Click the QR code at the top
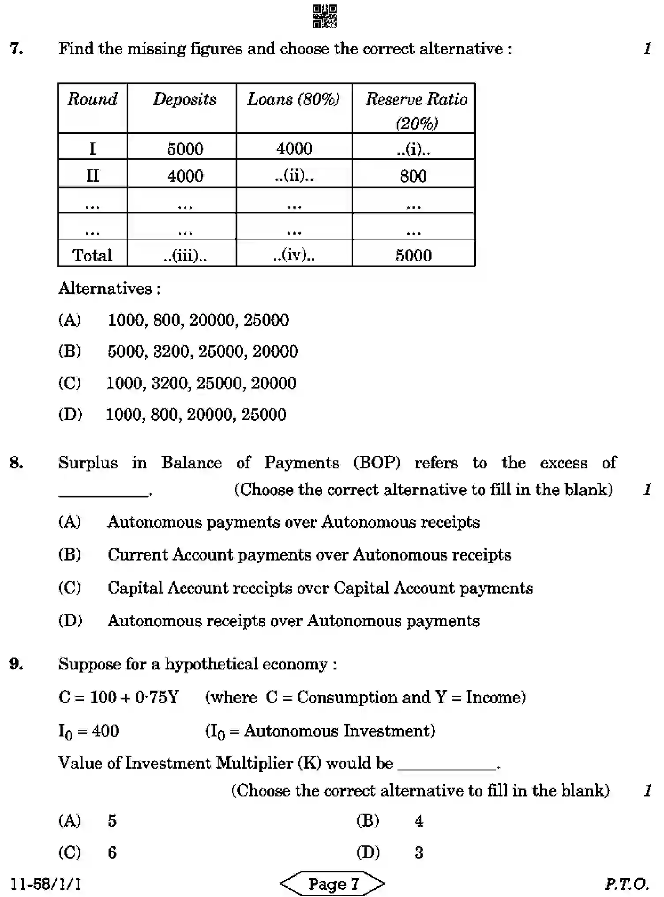pos(324,16)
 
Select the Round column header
pos(93,99)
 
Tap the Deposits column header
pos(185,99)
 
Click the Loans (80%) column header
pos(294,99)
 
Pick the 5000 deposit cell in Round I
pos(185,149)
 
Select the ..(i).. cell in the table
pos(413,149)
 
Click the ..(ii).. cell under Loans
pos(294,176)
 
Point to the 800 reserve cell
pos(413,176)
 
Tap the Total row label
pos(92,255)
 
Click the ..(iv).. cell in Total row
pos(294,254)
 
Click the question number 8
pos(16,463)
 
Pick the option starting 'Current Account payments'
pos(309,554)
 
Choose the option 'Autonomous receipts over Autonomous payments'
pos(293,620)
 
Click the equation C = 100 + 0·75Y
pos(119,697)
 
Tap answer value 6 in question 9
pos(112,852)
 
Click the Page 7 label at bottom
pos(333,883)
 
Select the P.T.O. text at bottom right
pos(627,883)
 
